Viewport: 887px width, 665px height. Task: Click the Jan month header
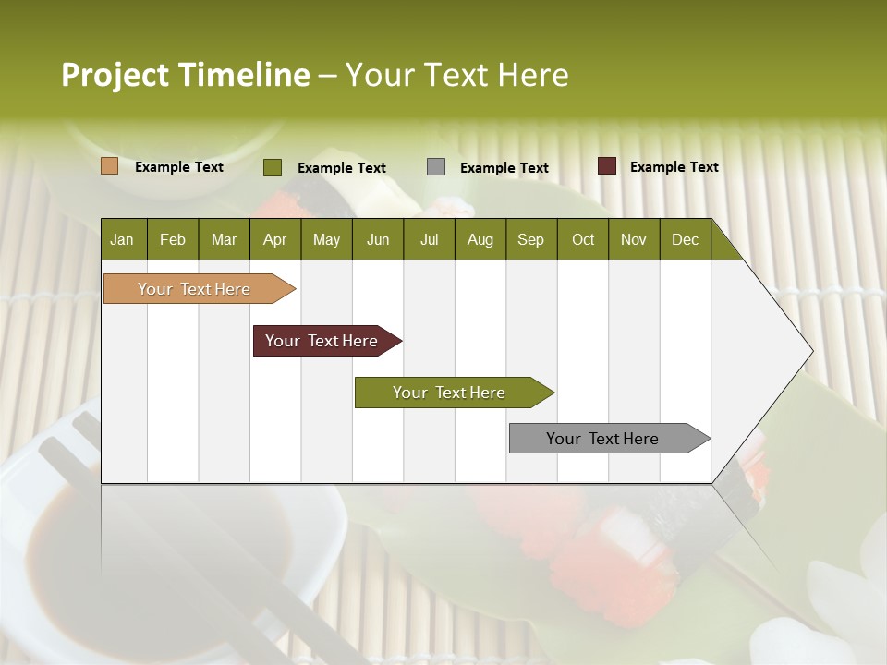[x=123, y=239]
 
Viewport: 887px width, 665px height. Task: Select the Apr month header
[x=275, y=239]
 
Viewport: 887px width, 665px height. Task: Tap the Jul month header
[x=430, y=239]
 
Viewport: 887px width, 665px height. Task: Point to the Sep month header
[x=531, y=239]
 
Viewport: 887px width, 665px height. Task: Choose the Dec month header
[x=685, y=239]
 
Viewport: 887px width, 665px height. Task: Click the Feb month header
[x=173, y=239]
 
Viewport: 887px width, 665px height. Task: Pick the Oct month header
[x=583, y=239]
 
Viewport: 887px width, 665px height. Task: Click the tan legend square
[x=110, y=166]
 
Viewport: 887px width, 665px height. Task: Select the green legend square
[x=273, y=167]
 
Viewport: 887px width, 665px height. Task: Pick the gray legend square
[x=436, y=167]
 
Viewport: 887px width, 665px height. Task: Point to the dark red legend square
[x=607, y=166]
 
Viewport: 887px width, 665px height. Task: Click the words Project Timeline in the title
[x=185, y=75]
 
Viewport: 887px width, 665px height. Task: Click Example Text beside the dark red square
[x=674, y=167]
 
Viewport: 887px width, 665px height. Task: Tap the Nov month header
[x=634, y=239]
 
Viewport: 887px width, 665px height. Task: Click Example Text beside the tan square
[x=179, y=167]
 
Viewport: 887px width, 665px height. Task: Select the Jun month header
[x=378, y=239]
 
